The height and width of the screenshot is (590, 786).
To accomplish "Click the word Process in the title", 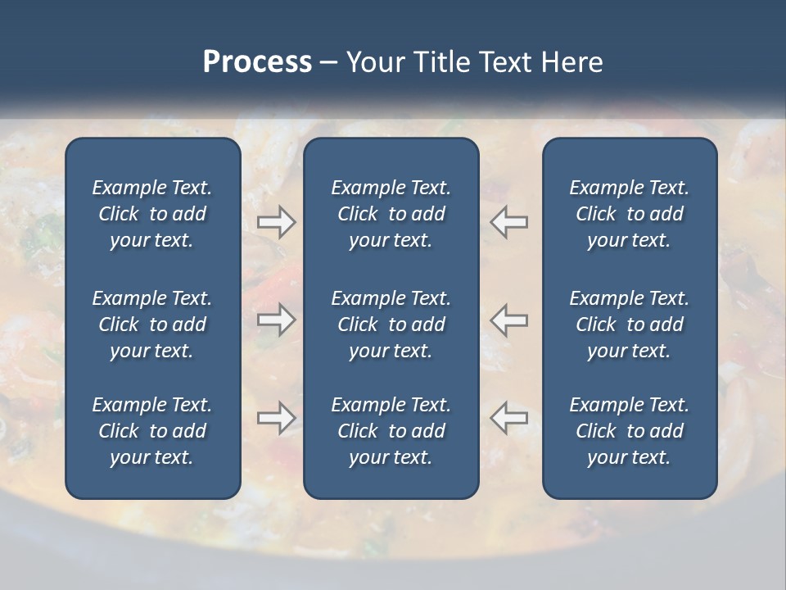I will (x=257, y=62).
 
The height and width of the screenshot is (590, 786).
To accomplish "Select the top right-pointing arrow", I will (x=276, y=222).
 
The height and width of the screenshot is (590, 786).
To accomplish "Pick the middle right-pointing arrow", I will (x=276, y=320).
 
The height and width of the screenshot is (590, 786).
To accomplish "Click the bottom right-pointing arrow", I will (x=276, y=418).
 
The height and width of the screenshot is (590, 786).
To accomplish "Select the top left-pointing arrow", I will (x=509, y=222).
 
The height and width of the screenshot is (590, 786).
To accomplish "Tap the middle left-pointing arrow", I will (x=509, y=320).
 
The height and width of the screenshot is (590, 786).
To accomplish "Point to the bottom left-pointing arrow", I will (x=509, y=418).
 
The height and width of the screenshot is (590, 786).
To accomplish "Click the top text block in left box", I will (x=152, y=214).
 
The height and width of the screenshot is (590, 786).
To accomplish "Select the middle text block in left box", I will (x=152, y=324).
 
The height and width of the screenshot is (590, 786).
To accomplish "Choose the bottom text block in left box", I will (x=152, y=431).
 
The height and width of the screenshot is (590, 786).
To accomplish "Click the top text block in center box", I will (x=391, y=214).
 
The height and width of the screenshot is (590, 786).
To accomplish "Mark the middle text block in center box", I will (x=391, y=324).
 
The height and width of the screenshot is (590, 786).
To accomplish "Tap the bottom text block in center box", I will (x=391, y=431).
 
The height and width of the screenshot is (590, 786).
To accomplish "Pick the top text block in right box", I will (x=630, y=214).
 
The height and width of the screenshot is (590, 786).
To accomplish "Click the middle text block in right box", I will (x=630, y=324).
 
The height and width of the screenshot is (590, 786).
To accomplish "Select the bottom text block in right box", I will (x=630, y=431).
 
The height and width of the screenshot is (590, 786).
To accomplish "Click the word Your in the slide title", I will (x=374, y=62).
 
